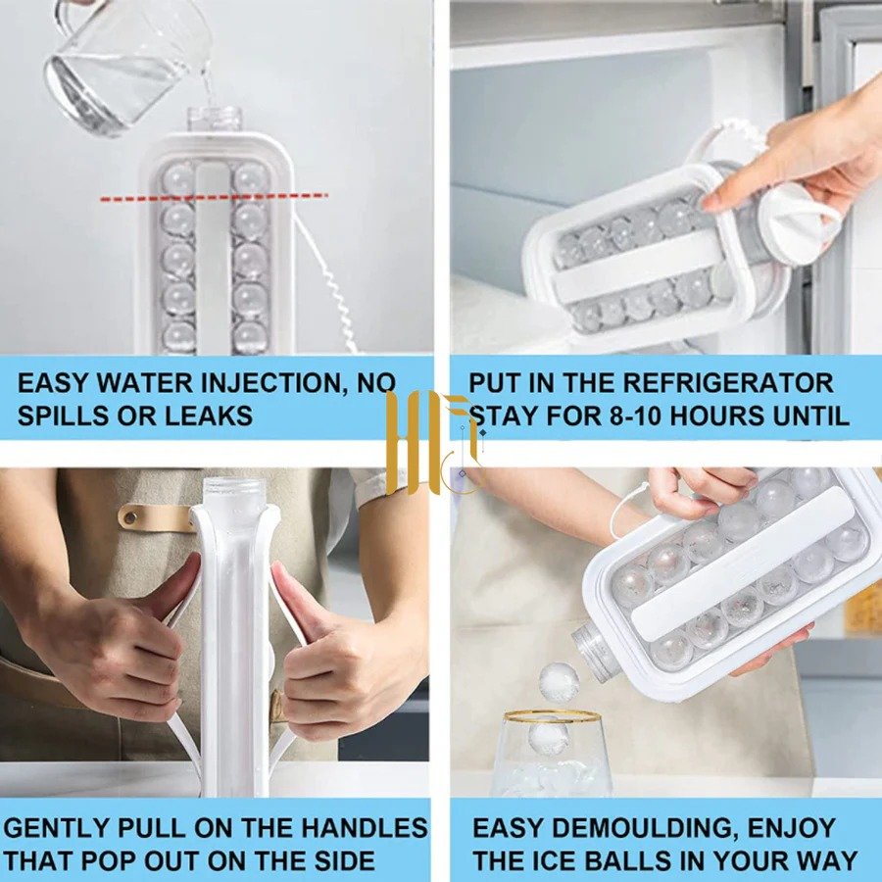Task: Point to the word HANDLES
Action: point(364,828)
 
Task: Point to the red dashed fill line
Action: point(214,197)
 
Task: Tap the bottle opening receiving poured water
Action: point(215,120)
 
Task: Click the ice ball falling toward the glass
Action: point(559,682)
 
